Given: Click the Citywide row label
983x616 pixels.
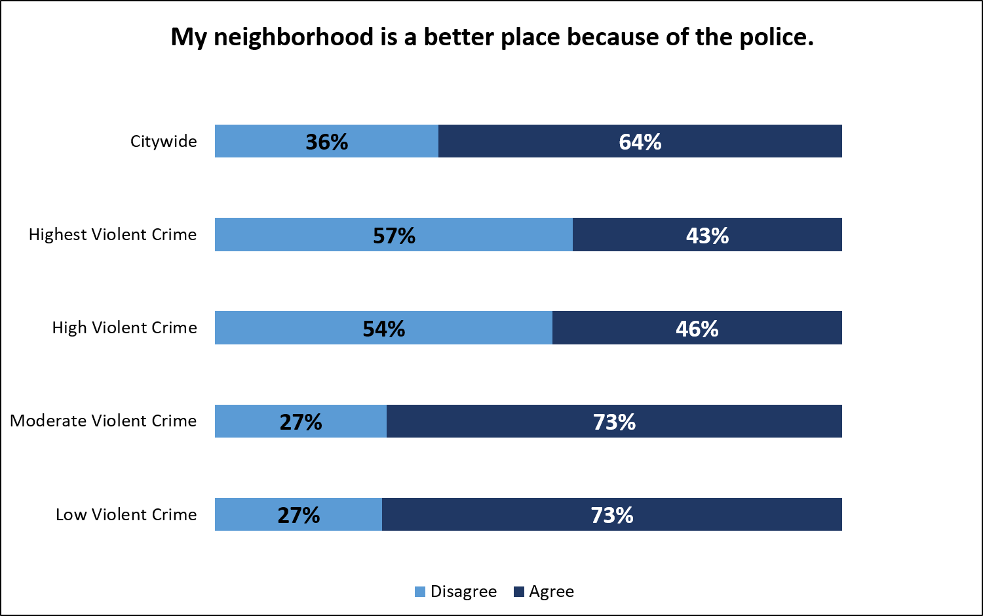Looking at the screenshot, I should [163, 141].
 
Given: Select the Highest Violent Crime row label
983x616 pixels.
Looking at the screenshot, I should [112, 234].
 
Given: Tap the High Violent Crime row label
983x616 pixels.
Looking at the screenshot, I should [125, 327].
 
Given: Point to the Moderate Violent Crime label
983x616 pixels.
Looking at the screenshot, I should [103, 421].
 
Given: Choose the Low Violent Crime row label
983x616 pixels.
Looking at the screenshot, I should [126, 514].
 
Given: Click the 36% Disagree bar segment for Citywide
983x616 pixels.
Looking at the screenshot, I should [326, 141].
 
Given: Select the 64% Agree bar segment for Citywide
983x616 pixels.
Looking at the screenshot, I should [640, 141].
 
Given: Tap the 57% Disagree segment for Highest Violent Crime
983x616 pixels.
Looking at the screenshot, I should [393, 235].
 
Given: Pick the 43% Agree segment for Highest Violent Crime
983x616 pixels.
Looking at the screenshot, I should [707, 235].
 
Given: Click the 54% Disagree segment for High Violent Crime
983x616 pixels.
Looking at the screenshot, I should [383, 328].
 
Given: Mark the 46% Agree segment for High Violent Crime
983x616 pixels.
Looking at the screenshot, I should [697, 328].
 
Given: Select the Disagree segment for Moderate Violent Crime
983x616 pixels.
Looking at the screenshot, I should [301, 421].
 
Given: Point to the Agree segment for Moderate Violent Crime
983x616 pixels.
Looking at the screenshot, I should [614, 421].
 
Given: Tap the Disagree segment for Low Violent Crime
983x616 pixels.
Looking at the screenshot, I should [298, 514].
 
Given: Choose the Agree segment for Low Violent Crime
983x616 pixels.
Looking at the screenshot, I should [611, 514].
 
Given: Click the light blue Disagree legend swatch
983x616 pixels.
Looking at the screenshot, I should [420, 592].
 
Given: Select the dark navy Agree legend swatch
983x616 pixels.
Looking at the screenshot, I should [519, 592].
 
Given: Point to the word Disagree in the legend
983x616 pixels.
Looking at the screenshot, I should [463, 592].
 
